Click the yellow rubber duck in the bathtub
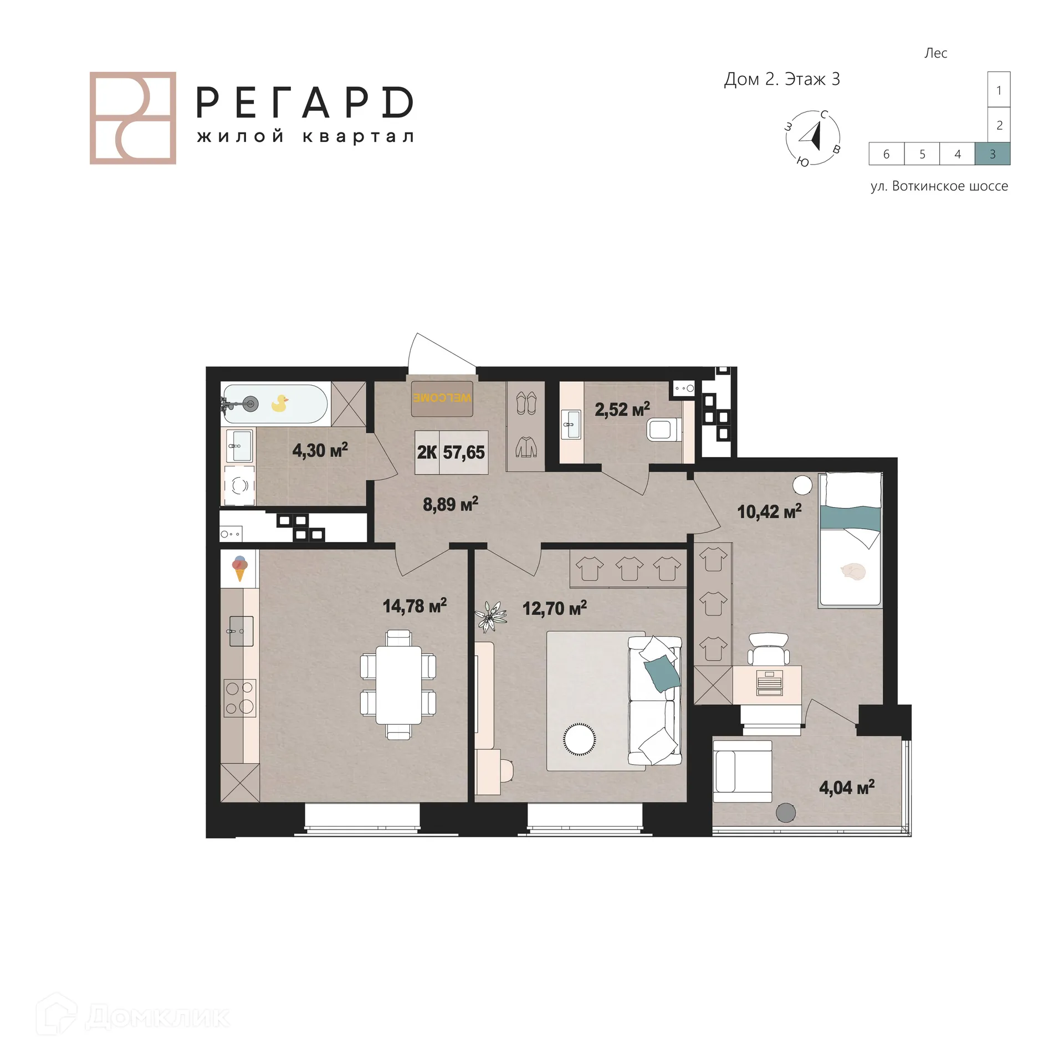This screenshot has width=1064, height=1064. tap(280, 403)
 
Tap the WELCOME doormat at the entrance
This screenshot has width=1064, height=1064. tap(442, 398)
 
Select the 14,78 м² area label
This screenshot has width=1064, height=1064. tap(415, 606)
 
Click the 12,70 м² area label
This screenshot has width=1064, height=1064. tap(554, 608)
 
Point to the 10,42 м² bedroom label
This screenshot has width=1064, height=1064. tap(769, 511)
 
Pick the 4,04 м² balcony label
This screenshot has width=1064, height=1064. tap(846, 787)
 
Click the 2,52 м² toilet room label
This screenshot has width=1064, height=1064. tap(622, 410)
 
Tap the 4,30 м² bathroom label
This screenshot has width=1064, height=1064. tap(320, 450)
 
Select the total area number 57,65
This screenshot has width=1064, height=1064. tap(464, 452)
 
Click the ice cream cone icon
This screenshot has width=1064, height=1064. tap(239, 568)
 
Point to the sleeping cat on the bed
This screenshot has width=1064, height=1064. tap(852, 571)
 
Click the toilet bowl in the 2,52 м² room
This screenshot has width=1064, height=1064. tap(661, 429)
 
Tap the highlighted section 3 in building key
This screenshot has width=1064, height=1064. tap(992, 154)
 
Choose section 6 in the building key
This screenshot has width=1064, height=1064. tap(886, 154)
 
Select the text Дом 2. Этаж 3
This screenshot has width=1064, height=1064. tap(781, 79)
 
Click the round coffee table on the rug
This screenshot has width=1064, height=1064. tap(580, 739)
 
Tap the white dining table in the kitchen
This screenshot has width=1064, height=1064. tap(398, 685)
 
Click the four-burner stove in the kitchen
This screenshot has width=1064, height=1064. tap(239, 698)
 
